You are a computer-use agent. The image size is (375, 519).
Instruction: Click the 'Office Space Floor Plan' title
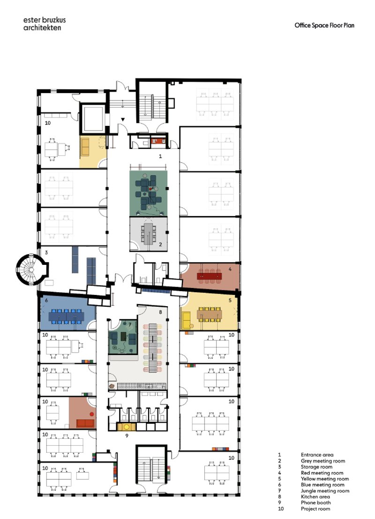click(324, 25)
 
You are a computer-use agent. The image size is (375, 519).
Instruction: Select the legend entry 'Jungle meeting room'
click(325, 491)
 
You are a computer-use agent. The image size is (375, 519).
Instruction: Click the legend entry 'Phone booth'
click(315, 503)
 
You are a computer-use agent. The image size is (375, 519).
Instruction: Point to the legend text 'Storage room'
click(316, 467)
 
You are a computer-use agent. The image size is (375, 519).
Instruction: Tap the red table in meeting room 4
click(209, 276)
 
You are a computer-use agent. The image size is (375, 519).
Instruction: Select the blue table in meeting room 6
click(66, 317)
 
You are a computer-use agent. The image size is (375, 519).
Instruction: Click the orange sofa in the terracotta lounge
click(85, 423)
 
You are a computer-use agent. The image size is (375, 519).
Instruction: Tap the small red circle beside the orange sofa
click(91, 414)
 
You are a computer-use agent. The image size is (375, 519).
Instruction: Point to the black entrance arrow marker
click(122, 119)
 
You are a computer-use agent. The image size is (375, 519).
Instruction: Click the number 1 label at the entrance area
click(160, 156)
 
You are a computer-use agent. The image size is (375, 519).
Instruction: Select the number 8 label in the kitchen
click(161, 312)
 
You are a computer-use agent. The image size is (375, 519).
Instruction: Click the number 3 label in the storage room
click(46, 253)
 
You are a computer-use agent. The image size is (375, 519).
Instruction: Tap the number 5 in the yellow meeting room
click(230, 301)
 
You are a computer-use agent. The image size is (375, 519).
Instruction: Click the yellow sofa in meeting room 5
click(187, 320)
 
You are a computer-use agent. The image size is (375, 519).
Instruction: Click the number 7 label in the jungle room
click(130, 325)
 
